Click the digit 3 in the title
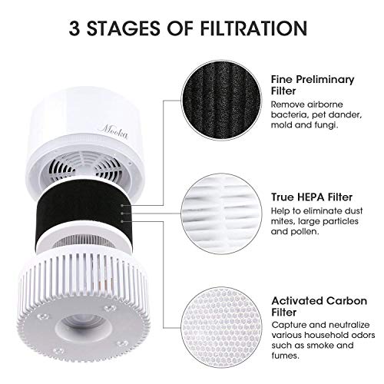click(74, 30)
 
